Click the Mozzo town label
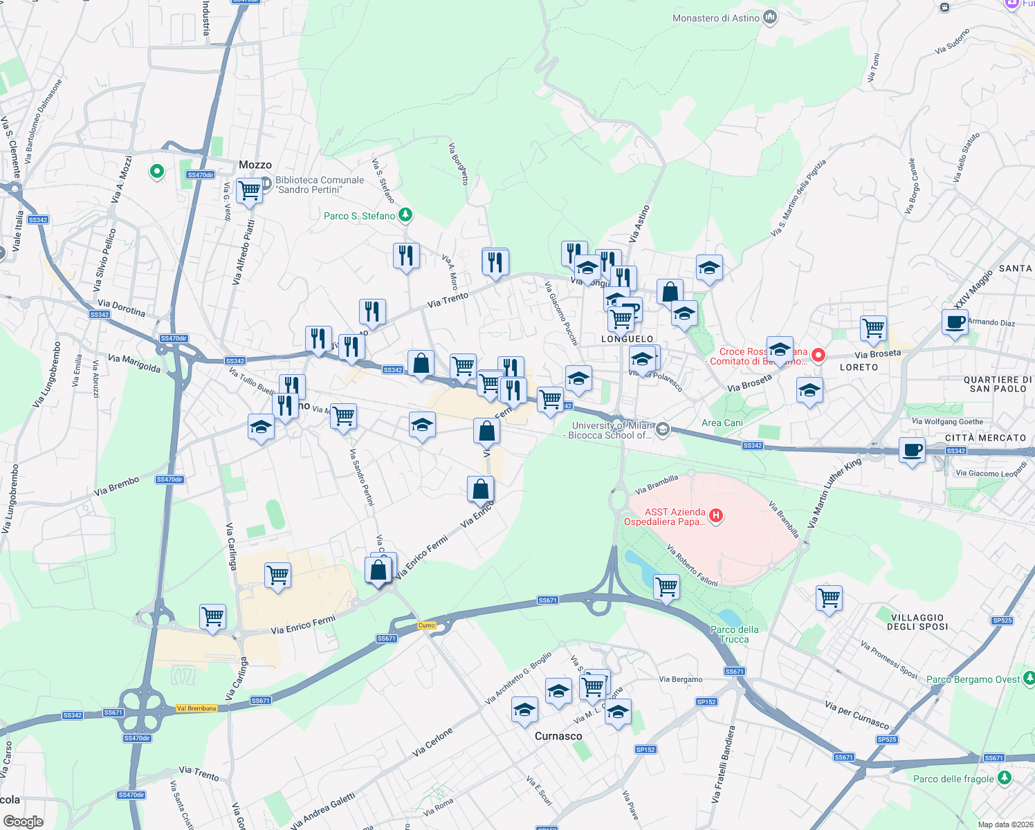tap(255, 165)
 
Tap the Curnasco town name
tap(558, 736)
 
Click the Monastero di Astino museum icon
tap(769, 18)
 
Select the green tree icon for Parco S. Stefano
tap(405, 216)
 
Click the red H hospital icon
tap(716, 515)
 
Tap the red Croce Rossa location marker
tap(818, 356)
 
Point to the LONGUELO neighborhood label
tap(627, 339)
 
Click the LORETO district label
tap(859, 367)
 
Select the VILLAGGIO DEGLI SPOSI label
tap(917, 622)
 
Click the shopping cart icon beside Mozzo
tap(249, 190)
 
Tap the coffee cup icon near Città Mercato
tap(912, 450)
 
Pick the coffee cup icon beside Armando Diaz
tap(955, 322)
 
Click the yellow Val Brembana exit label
tap(196, 708)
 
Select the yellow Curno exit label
tap(427, 625)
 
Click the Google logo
tap(24, 821)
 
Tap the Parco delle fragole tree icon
tap(1004, 778)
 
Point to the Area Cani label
tap(722, 423)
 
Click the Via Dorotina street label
tap(122, 308)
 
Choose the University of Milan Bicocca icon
tap(662, 430)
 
